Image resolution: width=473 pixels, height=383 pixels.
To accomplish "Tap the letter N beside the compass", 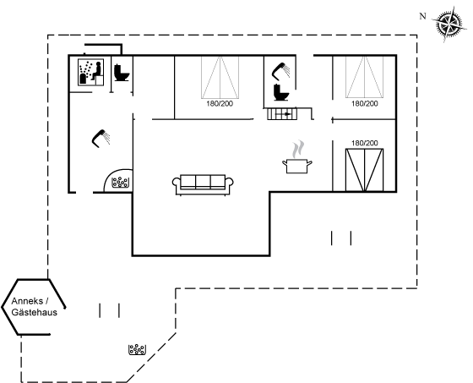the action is click(x=423, y=16).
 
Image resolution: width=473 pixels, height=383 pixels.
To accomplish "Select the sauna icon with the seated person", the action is click(x=91, y=72).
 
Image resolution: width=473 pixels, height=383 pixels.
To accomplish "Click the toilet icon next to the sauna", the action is click(x=122, y=73).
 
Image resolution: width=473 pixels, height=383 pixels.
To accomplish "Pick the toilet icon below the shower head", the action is click(x=281, y=92).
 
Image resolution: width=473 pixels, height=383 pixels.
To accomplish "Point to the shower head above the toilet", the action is click(x=281, y=71).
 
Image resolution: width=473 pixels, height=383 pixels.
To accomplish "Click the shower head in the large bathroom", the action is click(x=101, y=139).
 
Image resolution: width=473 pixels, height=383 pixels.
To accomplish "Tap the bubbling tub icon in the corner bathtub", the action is click(x=120, y=183).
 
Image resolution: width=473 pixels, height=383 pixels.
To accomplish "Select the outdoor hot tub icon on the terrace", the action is click(x=137, y=350).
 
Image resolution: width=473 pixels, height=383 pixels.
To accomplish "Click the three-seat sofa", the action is click(x=203, y=184).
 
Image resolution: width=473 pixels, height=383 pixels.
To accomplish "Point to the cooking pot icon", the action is click(x=296, y=166).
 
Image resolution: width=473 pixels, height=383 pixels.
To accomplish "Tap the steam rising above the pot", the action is click(x=297, y=149).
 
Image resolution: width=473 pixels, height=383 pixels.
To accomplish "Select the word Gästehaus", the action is click(x=34, y=312).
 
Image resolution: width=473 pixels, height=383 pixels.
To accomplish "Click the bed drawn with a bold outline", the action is click(x=364, y=170).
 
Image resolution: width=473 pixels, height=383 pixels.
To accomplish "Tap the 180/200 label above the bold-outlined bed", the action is click(x=364, y=143).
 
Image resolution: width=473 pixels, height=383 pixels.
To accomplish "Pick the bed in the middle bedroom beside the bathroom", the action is click(x=220, y=77).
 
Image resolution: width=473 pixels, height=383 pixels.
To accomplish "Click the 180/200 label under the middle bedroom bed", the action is click(x=220, y=104).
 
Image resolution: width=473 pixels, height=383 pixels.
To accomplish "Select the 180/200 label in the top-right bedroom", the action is click(x=364, y=104).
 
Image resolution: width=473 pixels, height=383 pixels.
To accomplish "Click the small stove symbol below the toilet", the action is click(x=282, y=114).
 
